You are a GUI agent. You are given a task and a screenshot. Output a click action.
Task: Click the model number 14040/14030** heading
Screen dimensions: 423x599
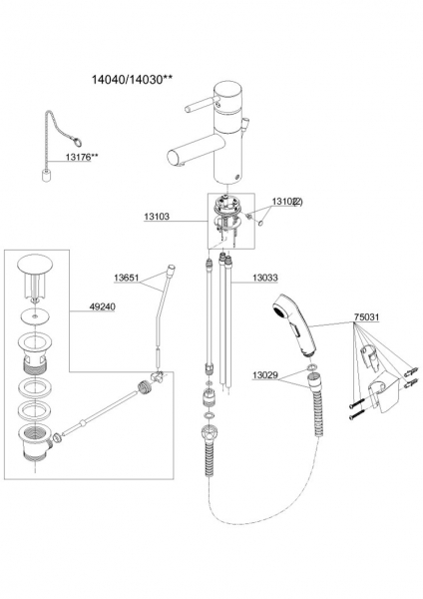point(132,80)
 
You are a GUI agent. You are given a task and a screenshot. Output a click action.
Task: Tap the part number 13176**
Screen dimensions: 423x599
point(82,157)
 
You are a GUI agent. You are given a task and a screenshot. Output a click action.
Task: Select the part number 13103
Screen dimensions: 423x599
point(157,217)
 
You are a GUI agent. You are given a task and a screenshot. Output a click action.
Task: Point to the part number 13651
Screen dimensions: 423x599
point(127,278)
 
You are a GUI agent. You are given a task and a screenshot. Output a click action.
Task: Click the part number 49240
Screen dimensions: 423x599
point(102,306)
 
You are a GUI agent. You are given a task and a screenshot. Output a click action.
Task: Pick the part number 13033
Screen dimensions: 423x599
point(265,278)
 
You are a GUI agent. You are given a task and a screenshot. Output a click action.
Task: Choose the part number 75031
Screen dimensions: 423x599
point(366,317)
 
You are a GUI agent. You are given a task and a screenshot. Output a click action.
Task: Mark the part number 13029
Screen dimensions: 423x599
point(265,375)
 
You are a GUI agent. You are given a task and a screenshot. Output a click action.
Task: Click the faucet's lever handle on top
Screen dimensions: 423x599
point(202,104)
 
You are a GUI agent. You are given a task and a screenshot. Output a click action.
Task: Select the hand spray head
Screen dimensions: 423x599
point(295,323)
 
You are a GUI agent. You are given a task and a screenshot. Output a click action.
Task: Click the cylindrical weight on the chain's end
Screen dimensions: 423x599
point(46,177)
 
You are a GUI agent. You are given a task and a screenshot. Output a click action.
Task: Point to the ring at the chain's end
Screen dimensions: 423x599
point(77,143)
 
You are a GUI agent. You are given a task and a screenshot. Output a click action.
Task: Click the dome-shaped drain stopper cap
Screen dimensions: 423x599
point(35,264)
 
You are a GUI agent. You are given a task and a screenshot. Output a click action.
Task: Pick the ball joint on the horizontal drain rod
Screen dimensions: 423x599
point(82,422)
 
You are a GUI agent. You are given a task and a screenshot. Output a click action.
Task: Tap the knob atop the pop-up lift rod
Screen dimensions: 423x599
point(171,269)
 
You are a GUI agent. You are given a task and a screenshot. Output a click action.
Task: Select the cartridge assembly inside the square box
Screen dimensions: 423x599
point(228,219)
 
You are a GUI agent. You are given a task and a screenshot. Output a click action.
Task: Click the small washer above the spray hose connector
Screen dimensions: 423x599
point(310,367)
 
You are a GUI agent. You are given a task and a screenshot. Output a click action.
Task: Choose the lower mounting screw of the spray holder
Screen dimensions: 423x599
point(356,414)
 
